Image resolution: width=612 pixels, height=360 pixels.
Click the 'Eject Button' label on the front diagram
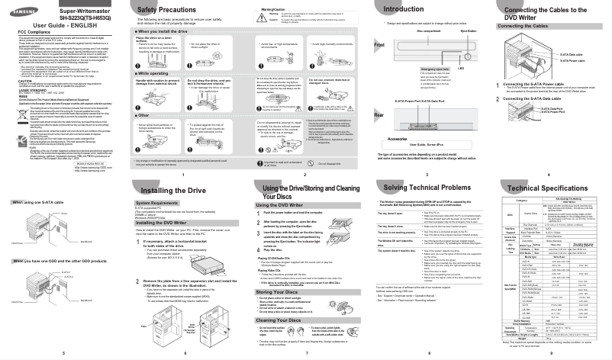click(469, 32)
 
